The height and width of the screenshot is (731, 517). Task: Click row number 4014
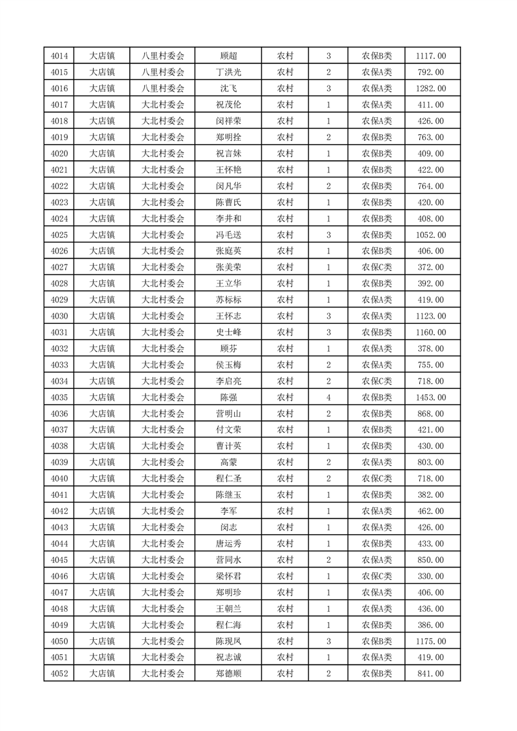point(59,56)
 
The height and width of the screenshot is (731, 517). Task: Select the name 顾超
point(228,56)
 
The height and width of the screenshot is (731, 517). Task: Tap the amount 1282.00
point(430,89)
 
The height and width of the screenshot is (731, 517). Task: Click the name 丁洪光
point(228,72)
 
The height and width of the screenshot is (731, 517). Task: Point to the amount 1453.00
point(430,397)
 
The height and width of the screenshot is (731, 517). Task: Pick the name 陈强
point(228,397)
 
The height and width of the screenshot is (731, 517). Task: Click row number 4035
point(59,397)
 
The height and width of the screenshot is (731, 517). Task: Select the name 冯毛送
point(228,235)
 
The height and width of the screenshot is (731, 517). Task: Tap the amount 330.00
point(430,576)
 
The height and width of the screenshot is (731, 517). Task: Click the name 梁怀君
point(228,576)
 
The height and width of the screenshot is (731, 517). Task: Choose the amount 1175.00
point(430,641)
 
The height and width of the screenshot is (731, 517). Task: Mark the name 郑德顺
point(228,674)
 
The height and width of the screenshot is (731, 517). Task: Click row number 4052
point(59,674)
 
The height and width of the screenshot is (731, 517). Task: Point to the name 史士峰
point(228,332)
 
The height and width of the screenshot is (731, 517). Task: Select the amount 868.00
point(430,414)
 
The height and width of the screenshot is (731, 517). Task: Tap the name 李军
point(228,511)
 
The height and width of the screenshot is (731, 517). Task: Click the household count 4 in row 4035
point(329,397)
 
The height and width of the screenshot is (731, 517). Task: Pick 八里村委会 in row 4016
point(163,89)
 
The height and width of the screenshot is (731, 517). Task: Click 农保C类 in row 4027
point(377,267)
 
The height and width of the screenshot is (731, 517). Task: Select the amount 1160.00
point(430,332)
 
